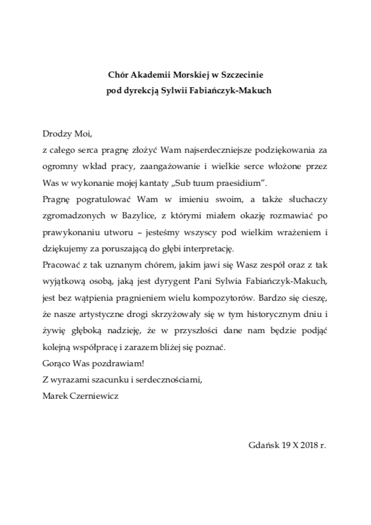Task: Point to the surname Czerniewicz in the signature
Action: [99, 396]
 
